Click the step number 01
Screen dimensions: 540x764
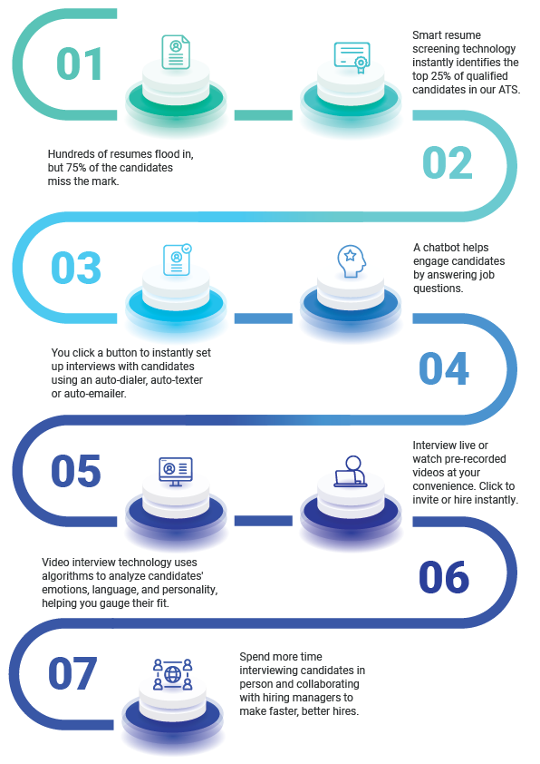[x=80, y=64]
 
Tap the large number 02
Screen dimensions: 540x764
[x=448, y=162]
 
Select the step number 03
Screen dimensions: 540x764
[x=76, y=268]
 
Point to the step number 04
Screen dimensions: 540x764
[x=444, y=368]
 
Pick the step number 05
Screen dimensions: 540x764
[x=76, y=471]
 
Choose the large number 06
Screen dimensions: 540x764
[x=444, y=577]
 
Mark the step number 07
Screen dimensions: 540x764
[x=72, y=673]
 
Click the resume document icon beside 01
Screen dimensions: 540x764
[x=176, y=52]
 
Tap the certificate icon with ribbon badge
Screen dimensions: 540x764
[x=352, y=57]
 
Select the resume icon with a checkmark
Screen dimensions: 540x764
[x=177, y=260]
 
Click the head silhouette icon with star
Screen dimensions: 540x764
[x=352, y=260]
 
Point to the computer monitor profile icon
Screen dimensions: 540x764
[x=176, y=472]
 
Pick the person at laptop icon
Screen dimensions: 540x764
[x=351, y=471]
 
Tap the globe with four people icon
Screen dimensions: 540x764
[x=173, y=674]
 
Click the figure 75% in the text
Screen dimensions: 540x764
[x=75, y=168]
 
